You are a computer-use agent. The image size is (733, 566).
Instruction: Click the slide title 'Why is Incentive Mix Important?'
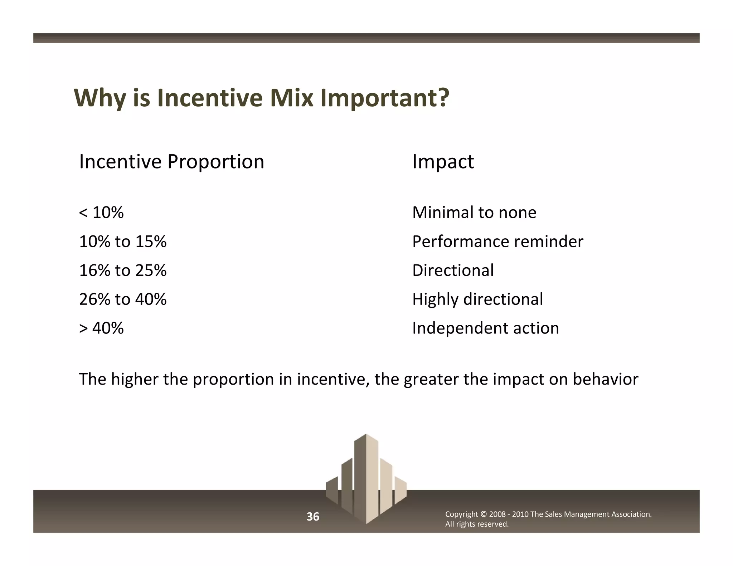[261, 98]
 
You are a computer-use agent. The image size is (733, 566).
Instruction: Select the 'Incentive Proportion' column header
[171, 162]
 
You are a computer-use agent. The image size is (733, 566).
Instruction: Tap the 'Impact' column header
[443, 162]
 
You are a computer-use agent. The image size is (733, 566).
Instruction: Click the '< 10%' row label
[101, 213]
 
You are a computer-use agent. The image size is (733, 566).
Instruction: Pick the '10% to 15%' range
[123, 241]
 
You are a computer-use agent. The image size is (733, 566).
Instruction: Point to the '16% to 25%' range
[123, 270]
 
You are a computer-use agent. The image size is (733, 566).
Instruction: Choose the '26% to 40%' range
[123, 299]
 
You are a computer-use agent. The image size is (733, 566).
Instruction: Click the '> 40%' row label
[101, 328]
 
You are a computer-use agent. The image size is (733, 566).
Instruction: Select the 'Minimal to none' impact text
[474, 213]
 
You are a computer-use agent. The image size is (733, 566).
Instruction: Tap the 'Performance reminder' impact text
[497, 241]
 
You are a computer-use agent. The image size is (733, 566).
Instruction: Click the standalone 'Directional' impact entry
[453, 270]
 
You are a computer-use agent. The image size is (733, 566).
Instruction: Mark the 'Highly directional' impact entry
[477, 299]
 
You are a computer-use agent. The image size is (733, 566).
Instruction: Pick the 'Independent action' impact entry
[485, 328]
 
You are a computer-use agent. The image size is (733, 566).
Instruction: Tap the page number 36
[313, 517]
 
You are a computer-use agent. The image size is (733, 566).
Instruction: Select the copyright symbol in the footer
[483, 514]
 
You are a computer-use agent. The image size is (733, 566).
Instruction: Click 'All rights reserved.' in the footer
[476, 524]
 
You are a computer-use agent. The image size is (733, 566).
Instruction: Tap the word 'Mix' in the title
[292, 98]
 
